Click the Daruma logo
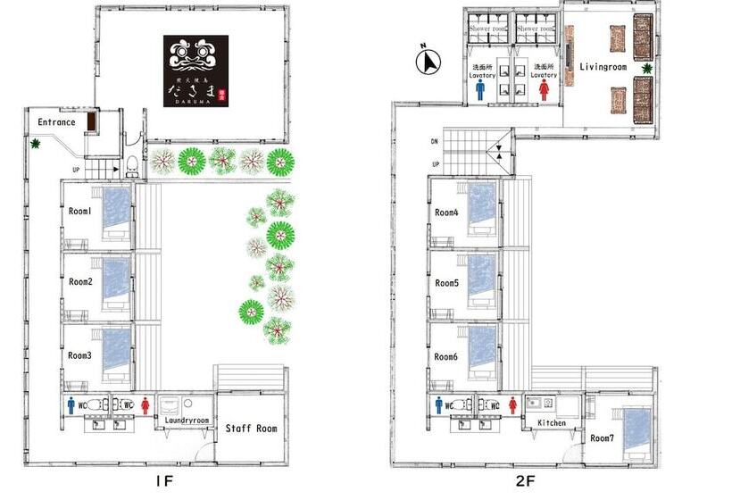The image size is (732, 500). click(x=195, y=71)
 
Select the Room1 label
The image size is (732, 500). click(x=81, y=212)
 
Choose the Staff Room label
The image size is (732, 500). click(x=251, y=429)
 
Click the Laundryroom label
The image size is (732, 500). click(x=187, y=420)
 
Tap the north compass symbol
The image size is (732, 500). click(x=430, y=62)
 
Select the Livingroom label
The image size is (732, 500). click(x=603, y=67)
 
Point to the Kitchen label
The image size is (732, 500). click(x=551, y=422)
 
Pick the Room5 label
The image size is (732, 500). click(x=447, y=283)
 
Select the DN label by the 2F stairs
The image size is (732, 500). click(x=435, y=141)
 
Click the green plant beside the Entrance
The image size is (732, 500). click(x=36, y=143)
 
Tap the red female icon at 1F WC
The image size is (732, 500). click(x=145, y=404)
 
